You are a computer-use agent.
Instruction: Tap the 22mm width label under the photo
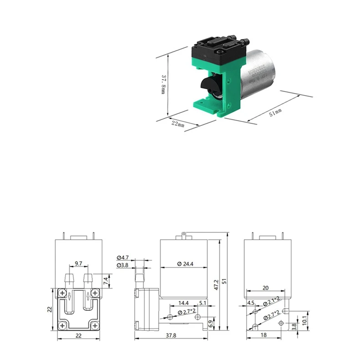(x=178, y=124)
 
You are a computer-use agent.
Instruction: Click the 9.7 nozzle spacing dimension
(x=78, y=263)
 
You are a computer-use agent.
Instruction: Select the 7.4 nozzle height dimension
(x=106, y=279)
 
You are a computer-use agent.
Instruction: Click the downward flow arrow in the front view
(x=69, y=296)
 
